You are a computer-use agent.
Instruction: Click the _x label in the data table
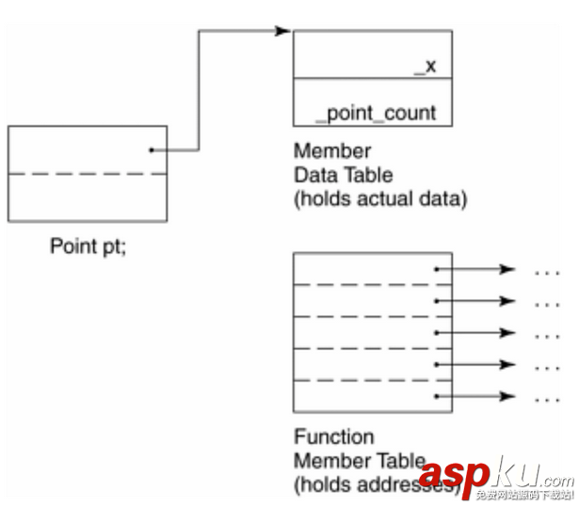(x=426, y=67)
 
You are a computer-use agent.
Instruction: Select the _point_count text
(x=376, y=114)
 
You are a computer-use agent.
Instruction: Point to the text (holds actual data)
(x=380, y=199)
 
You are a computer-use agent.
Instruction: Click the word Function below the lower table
(x=334, y=437)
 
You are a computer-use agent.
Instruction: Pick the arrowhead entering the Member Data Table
(x=282, y=31)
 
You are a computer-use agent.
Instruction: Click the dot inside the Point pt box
(x=151, y=150)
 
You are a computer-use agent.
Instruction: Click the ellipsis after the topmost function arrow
(x=547, y=272)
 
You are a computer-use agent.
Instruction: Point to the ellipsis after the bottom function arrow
(x=547, y=398)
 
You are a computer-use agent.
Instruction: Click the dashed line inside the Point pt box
(x=87, y=174)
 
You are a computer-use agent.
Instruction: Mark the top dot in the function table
(x=437, y=270)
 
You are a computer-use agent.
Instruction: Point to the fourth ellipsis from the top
(x=547, y=366)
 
